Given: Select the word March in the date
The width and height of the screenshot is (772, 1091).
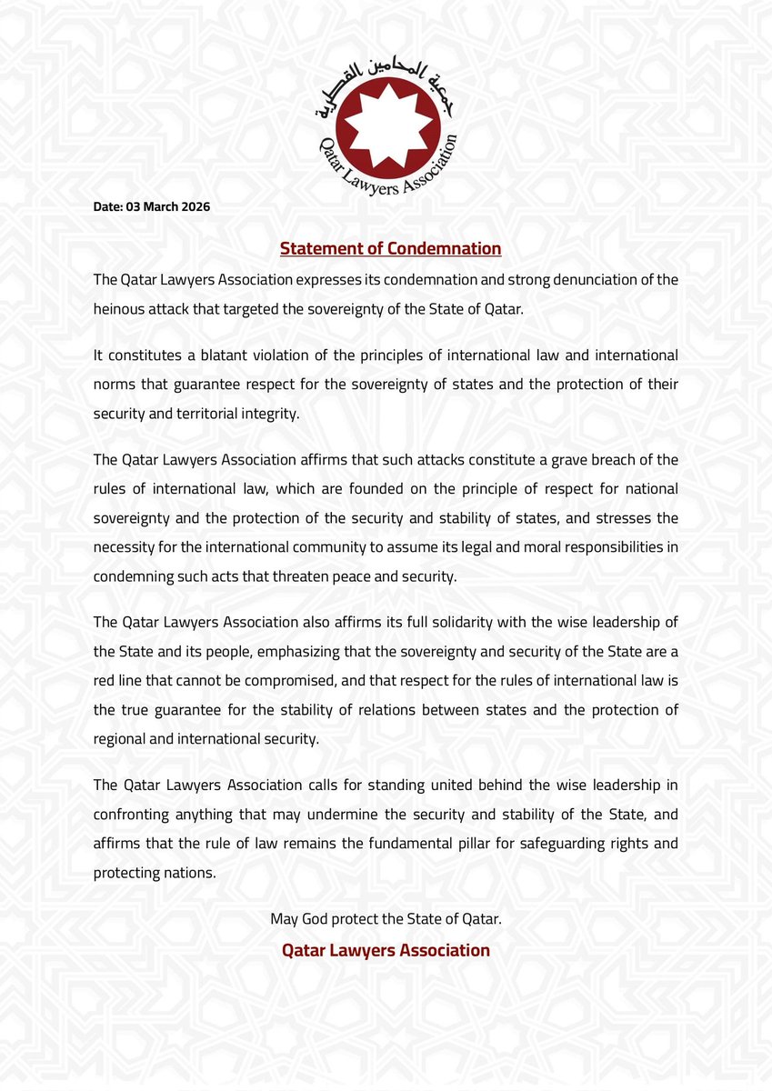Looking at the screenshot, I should pos(156,207).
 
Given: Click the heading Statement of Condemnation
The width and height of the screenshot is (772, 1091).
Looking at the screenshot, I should pos(390,248).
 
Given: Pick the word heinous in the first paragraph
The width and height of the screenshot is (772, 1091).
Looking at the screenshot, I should pos(120,308).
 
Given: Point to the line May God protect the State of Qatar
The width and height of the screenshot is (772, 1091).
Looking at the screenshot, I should pos(386,919).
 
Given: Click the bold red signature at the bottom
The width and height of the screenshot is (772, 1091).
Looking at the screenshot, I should pos(386,950).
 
